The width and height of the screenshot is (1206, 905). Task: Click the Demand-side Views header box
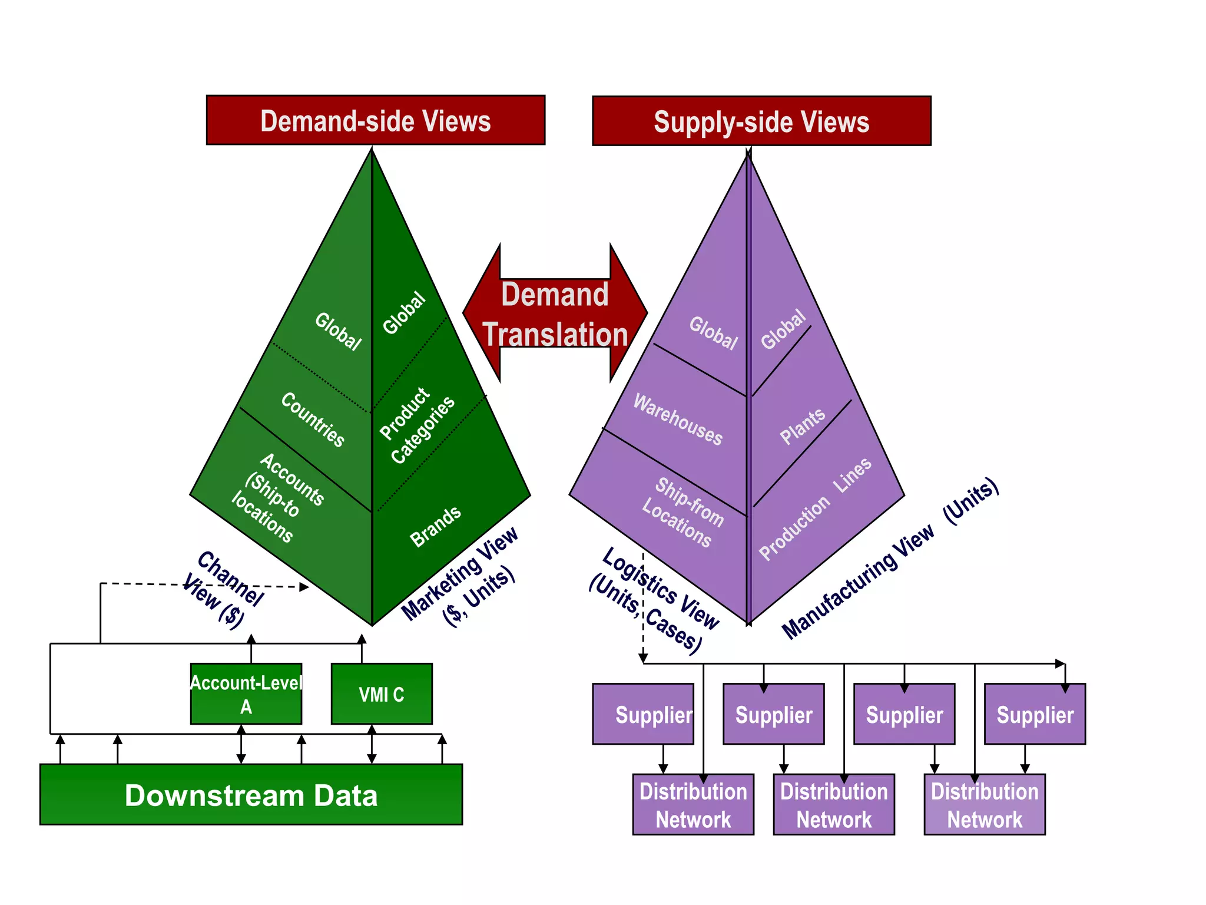375,120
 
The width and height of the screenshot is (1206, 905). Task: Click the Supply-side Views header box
761,121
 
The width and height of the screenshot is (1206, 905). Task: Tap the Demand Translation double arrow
555,314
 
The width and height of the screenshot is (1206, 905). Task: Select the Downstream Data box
251,795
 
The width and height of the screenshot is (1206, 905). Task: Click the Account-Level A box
246,694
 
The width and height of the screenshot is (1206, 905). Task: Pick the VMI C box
382,694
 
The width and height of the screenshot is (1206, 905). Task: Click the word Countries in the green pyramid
313,419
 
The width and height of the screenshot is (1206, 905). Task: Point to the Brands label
435,526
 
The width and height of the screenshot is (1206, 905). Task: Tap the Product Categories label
416,425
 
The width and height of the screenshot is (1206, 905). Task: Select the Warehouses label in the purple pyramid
678,420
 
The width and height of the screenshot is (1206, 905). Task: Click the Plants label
802,426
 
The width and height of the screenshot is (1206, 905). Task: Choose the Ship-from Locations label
683,512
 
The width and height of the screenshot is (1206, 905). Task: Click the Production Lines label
814,509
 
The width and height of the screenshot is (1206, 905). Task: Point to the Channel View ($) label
223,590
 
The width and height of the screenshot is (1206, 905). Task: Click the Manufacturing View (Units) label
889,559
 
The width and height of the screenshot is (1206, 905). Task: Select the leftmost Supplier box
643,714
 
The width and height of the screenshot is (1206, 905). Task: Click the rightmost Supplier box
1035,714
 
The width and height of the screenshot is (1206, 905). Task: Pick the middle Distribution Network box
833,805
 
